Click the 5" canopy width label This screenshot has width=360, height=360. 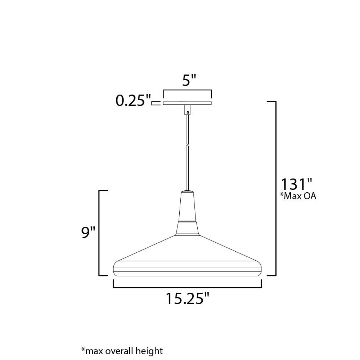point(189,80)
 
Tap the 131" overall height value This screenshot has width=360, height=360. point(297,184)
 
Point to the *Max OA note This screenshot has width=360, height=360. point(298,196)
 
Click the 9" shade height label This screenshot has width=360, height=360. point(88,232)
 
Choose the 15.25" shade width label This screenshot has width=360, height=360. point(188,299)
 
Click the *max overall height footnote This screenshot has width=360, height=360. point(122,351)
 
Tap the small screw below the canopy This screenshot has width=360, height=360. point(188,112)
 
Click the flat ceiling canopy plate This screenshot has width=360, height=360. point(187,103)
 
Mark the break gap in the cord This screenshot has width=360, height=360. point(187,144)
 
